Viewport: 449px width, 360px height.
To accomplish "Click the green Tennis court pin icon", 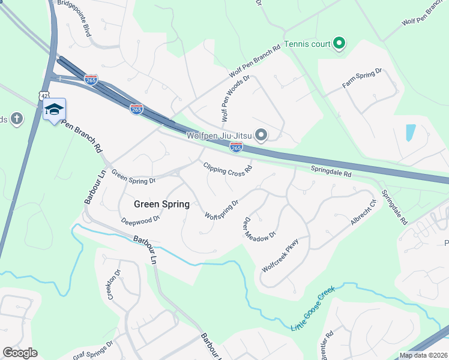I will click(x=339, y=43).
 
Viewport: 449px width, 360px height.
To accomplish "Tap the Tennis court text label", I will click(x=307, y=43).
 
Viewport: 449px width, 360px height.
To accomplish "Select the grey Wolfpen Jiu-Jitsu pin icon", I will click(x=261, y=136).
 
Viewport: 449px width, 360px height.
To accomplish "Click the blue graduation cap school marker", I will click(x=54, y=109).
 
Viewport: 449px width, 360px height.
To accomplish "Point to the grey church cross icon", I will click(x=16, y=118).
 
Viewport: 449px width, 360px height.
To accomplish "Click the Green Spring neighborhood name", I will click(x=161, y=204).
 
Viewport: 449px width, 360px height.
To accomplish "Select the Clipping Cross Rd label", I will click(x=227, y=170).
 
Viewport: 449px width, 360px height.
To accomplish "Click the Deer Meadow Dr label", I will click(x=259, y=227).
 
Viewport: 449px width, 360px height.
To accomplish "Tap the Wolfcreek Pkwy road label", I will click(x=280, y=256).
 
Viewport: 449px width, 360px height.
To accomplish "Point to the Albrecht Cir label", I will click(x=364, y=212).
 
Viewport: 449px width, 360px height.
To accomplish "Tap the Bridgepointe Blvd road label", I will click(x=74, y=18).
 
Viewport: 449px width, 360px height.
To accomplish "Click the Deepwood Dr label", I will click(x=140, y=220).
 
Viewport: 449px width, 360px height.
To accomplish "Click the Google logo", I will click(x=20, y=353).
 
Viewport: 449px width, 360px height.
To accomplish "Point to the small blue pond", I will click(x=411, y=133).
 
